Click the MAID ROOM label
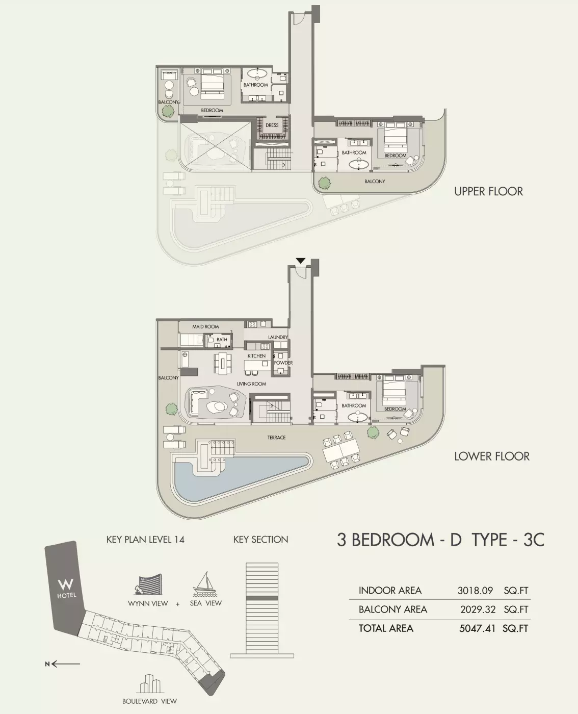point(205,326)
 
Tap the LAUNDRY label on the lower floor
point(278,337)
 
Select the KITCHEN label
point(257,355)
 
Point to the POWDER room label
point(283,363)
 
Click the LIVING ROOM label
point(251,384)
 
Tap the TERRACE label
point(276,438)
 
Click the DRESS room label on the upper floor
point(272,125)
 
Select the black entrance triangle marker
point(301,261)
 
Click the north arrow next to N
point(66,664)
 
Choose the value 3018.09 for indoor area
point(475,590)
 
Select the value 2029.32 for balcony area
point(478,609)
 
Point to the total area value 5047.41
point(477,628)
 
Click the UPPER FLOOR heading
point(488,191)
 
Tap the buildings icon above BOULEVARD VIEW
point(149,684)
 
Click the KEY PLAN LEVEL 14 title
point(145,540)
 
